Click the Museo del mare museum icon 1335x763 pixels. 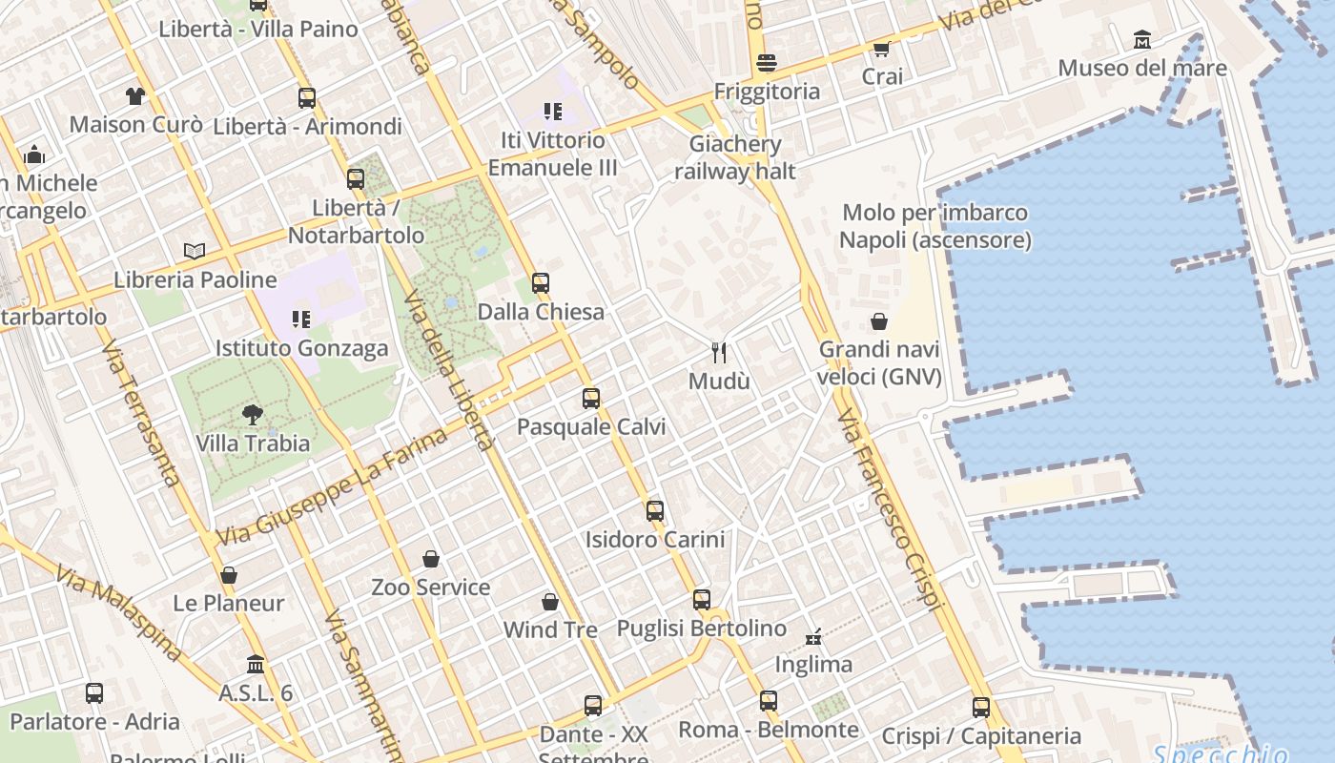point(1142,40)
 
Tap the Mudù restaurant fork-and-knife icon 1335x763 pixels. point(719,353)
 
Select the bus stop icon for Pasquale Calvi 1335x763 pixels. point(591,399)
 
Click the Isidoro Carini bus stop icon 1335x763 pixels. point(655,511)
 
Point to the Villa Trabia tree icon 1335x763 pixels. point(253,414)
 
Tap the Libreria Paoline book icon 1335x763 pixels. point(195,251)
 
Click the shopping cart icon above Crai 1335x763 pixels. point(881,49)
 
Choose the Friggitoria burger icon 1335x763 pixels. point(767,63)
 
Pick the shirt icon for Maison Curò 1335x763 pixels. point(135,95)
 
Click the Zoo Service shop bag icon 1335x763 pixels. point(431,559)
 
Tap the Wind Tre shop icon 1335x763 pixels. point(550,602)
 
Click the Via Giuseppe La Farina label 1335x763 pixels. point(332,486)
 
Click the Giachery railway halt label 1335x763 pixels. point(735,157)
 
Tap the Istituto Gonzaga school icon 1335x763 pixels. point(301,320)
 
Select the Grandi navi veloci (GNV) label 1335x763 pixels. point(879,363)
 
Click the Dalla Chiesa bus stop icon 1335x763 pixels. point(541,283)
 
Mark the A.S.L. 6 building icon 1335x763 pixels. point(256,664)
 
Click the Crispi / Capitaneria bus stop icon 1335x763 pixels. point(981,708)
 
